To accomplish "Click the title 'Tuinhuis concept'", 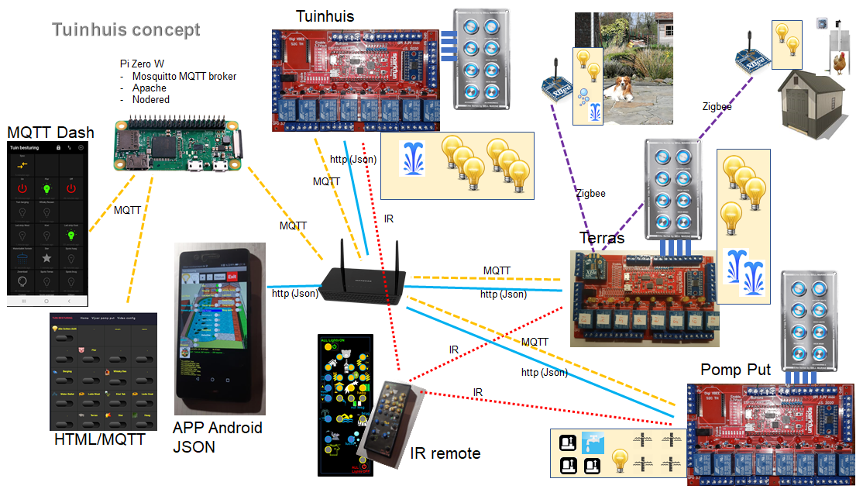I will (x=125, y=30).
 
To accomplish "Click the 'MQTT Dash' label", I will (x=50, y=133).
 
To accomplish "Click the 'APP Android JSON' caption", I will (x=217, y=437).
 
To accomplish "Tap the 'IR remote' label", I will (x=445, y=453).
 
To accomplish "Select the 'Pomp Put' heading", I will (x=735, y=370).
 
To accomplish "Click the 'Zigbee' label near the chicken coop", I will (x=717, y=106).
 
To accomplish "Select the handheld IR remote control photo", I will (x=392, y=423).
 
